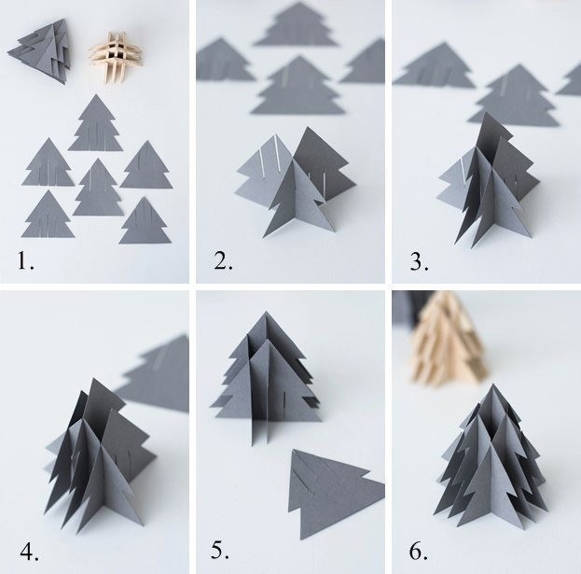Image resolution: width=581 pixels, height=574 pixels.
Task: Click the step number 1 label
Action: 25,260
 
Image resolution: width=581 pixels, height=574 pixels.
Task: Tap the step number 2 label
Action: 223,260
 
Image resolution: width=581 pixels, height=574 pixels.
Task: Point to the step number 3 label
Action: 420,261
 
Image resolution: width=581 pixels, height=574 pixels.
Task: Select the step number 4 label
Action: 29,552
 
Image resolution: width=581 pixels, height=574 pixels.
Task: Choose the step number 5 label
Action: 220,550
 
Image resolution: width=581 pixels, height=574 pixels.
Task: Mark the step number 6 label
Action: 419,551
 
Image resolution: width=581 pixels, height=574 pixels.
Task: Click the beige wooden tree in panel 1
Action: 116,57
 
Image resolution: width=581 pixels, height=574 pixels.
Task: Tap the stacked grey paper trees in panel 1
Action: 40,51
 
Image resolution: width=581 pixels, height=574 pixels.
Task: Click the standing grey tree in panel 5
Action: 266,378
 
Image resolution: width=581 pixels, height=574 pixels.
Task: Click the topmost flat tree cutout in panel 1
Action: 96,123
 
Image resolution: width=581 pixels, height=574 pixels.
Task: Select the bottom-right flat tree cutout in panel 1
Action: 145,220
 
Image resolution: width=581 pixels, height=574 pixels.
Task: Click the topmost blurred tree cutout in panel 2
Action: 297,24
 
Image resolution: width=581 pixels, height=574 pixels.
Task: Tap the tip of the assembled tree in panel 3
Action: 485,112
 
